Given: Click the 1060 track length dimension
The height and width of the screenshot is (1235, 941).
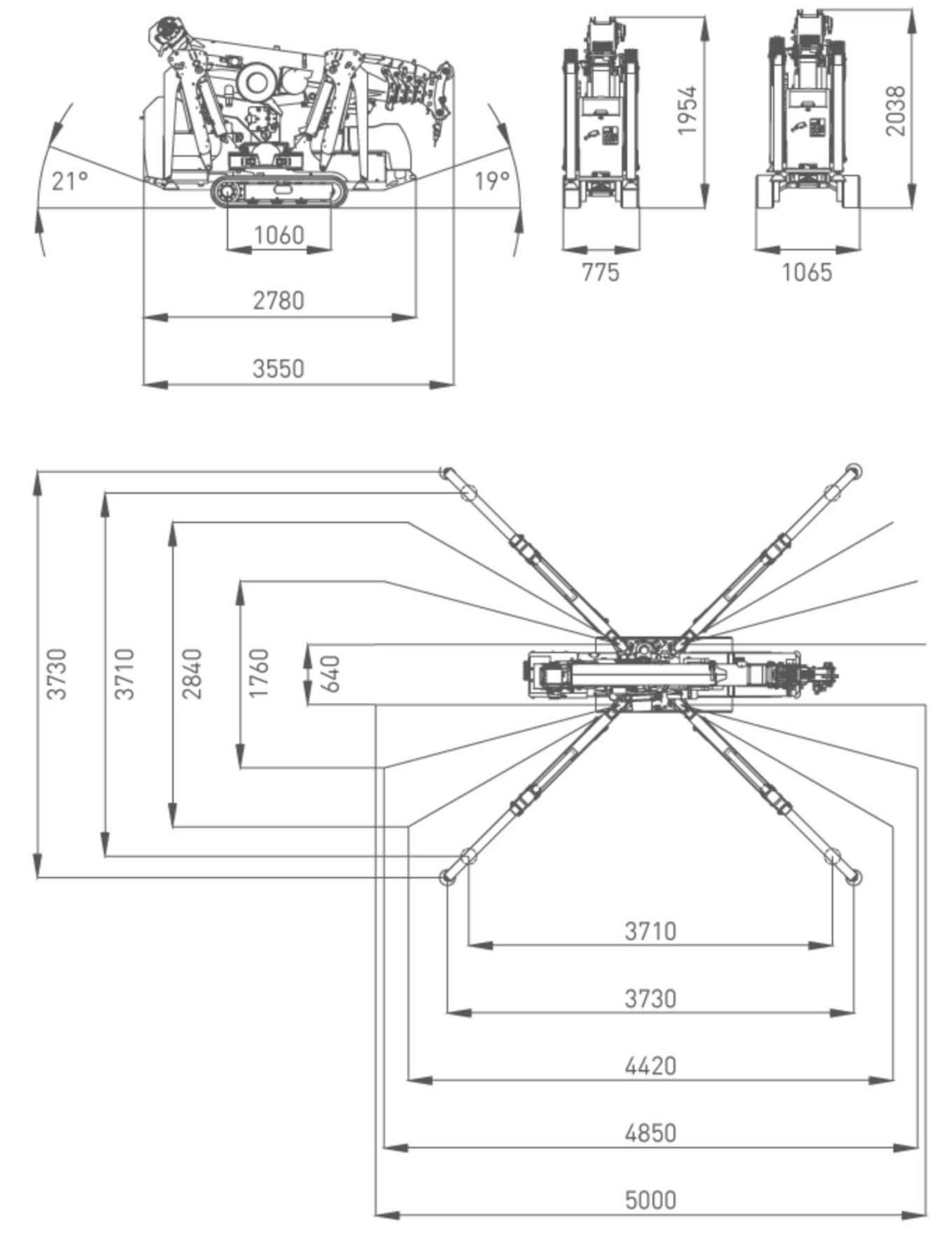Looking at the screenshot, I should (x=279, y=235).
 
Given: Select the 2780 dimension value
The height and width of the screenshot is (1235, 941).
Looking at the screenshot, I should (x=278, y=301).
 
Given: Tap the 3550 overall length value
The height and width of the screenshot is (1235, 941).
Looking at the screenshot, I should (x=278, y=369).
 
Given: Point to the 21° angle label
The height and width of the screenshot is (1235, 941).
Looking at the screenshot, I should (x=70, y=182).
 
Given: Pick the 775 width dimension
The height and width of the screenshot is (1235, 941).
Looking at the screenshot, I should (x=601, y=272).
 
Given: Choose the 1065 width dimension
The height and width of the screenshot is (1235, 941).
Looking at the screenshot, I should (x=807, y=272).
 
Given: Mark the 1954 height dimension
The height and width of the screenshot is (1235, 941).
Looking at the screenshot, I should (x=688, y=110).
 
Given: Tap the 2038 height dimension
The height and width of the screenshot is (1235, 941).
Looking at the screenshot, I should (x=896, y=110).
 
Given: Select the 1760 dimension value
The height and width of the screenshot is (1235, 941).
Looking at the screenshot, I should (x=259, y=673).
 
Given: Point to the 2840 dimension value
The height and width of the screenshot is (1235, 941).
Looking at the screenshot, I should (x=192, y=673).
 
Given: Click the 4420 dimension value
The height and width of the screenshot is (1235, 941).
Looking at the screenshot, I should (x=650, y=1066).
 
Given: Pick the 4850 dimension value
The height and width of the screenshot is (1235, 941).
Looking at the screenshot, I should (x=650, y=1133).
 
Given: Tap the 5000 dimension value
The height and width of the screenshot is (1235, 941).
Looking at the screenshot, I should (x=650, y=1200).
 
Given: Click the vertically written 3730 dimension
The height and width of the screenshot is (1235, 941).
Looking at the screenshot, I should (x=57, y=673).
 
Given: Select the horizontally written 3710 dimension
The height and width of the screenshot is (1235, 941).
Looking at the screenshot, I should (x=650, y=931).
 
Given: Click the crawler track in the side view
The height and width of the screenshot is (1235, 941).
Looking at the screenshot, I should (x=279, y=191).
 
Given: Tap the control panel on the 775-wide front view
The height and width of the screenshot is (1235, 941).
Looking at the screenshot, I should (x=610, y=136).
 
